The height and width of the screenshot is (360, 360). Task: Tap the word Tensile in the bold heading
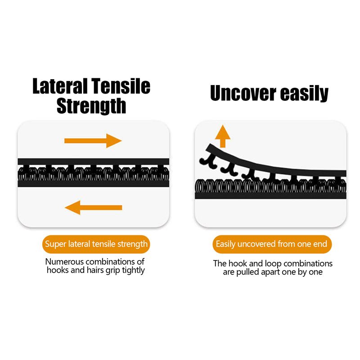click(121, 86)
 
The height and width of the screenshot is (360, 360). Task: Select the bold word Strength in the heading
click(91, 106)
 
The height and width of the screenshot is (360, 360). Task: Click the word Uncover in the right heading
click(243, 93)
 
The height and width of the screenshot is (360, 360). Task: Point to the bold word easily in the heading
click(305, 94)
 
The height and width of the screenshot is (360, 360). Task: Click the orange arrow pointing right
click(93, 141)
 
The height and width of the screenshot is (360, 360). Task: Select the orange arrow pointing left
click(94, 207)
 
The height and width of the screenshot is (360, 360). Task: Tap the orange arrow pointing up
click(222, 136)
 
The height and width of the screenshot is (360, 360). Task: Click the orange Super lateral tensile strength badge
click(96, 244)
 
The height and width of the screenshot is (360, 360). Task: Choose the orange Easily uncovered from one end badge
click(272, 244)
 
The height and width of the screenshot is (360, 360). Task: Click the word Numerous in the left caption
click(64, 261)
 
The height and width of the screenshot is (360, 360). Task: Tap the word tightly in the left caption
click(133, 270)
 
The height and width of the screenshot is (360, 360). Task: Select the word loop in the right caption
click(273, 264)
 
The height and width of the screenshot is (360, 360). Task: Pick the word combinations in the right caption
click(308, 263)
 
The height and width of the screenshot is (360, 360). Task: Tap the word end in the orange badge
click(319, 244)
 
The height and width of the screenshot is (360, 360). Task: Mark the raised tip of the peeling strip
click(208, 147)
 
